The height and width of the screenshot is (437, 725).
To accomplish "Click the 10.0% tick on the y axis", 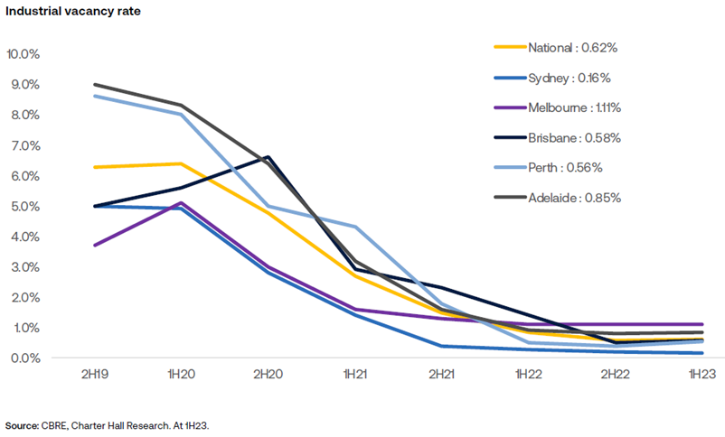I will point(23,54).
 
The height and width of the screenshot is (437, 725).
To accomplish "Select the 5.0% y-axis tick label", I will point(24,206).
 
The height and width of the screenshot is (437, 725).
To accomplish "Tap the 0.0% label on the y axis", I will point(24,358).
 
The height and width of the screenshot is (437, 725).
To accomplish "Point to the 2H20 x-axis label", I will point(269,375).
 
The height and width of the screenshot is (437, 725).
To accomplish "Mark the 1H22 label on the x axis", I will point(530,375).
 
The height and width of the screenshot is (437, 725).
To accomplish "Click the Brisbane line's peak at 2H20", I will point(269,157).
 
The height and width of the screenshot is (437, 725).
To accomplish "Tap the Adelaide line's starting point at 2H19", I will point(95,85).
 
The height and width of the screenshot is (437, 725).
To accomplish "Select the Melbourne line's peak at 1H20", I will point(182,203).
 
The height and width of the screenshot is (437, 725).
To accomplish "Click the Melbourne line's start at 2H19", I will point(95,245).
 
